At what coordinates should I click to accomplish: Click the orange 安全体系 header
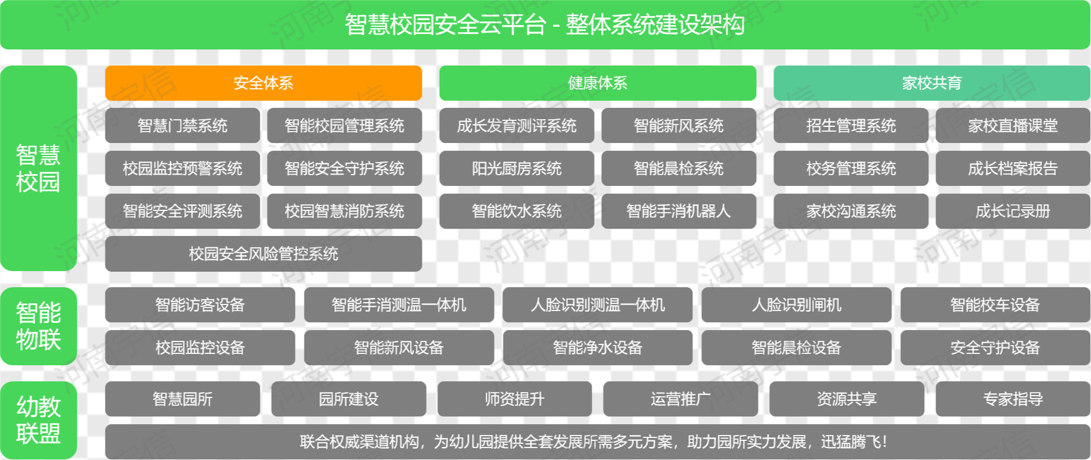pyautogui.click(x=263, y=83)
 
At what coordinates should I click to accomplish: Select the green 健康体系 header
pyautogui.click(x=598, y=83)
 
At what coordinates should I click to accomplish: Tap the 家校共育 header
pyautogui.click(x=932, y=83)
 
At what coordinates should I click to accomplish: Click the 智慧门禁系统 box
pyautogui.click(x=182, y=126)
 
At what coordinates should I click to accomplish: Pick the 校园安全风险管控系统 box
pyautogui.click(x=263, y=254)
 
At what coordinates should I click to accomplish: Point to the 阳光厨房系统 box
pyautogui.click(x=517, y=169)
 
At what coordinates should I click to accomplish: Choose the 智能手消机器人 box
pyautogui.click(x=679, y=211)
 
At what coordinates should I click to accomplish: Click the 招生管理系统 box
pyautogui.click(x=851, y=126)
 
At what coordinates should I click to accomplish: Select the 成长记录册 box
pyautogui.click(x=1013, y=211)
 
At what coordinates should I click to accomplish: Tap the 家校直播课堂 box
pyautogui.click(x=1013, y=126)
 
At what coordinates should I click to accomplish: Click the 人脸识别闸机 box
pyautogui.click(x=797, y=305)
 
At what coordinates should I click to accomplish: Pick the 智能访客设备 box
pyautogui.click(x=200, y=305)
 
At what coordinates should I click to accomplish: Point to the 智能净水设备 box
pyautogui.click(x=598, y=347)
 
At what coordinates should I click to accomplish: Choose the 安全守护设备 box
pyautogui.click(x=995, y=347)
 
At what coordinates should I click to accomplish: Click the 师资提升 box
pyautogui.click(x=515, y=399)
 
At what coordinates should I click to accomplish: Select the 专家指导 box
pyautogui.click(x=1013, y=399)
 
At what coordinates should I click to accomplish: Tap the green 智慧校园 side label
pyautogui.click(x=39, y=169)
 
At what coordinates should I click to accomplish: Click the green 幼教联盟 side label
pyautogui.click(x=39, y=420)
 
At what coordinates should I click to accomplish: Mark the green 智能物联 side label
pyautogui.click(x=39, y=327)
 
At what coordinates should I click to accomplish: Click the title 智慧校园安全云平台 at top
pyautogui.click(x=445, y=25)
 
